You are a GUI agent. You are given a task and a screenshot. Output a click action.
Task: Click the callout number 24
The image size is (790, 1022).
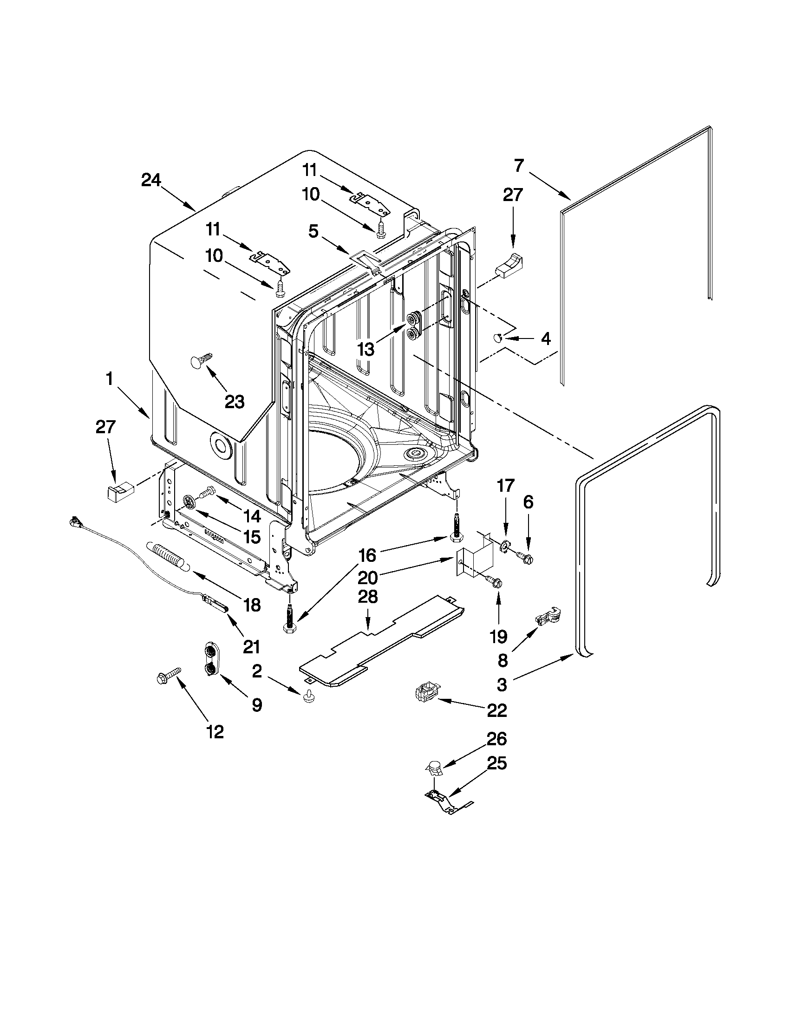[x=150, y=180]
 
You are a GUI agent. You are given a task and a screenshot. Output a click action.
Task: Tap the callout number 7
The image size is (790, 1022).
[x=519, y=166]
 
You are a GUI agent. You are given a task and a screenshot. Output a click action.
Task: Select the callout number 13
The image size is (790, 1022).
[x=366, y=349]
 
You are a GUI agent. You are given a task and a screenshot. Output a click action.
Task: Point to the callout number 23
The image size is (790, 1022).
[x=235, y=401]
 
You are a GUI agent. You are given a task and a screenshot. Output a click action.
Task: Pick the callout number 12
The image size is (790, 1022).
[x=215, y=731]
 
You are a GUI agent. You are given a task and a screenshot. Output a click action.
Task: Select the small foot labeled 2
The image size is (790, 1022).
[x=307, y=697]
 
